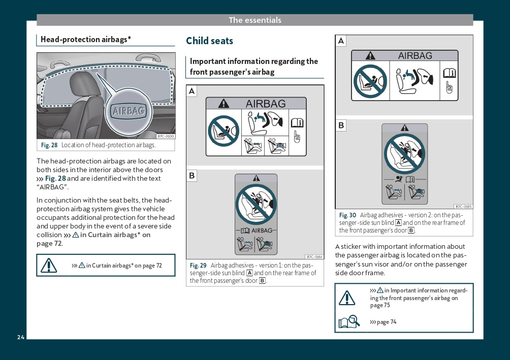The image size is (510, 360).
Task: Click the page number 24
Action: coord(21,337)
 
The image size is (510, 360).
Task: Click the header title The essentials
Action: coord(255,20)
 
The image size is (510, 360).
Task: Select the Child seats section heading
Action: coord(209,41)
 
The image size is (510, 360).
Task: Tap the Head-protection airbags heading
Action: coord(85,39)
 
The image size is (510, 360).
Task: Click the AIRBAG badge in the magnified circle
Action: coord(129,111)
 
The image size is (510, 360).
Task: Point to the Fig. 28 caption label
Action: coord(49,145)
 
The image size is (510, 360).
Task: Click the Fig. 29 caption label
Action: coord(198,266)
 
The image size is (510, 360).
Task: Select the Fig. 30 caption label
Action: coord(347,215)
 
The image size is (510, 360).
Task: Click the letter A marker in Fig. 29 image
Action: coord(192,91)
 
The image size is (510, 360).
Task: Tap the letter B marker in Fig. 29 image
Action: coord(192,176)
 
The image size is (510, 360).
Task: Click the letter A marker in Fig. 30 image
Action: coord(341,41)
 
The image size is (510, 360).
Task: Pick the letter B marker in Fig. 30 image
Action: coord(341,125)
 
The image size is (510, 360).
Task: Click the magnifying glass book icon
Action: coord(349,321)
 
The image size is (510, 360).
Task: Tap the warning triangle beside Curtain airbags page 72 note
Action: coord(49,266)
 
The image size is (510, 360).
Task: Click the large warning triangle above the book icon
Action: coord(347,298)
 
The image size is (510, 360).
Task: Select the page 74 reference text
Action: coord(383,322)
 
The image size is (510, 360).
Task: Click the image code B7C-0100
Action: coord(166,136)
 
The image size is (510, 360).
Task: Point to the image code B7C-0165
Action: coord(463,207)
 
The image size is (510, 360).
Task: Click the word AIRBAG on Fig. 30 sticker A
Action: coord(415,56)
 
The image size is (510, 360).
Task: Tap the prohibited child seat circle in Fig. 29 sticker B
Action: coord(256,205)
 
